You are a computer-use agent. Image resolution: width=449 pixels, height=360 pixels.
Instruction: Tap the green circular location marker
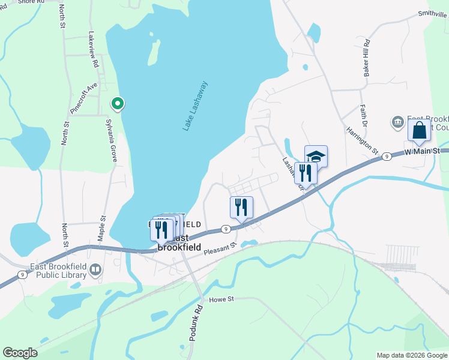(x=118, y=104)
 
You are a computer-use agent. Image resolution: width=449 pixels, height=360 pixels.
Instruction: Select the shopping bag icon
(x=419, y=130)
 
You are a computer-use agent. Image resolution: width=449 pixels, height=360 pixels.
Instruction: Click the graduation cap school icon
(x=316, y=157)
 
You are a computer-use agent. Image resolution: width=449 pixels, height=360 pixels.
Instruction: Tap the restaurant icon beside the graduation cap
(x=306, y=173)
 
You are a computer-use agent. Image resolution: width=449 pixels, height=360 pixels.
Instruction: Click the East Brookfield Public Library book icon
(x=95, y=271)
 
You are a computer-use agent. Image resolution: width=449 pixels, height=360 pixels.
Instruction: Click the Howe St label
(x=219, y=299)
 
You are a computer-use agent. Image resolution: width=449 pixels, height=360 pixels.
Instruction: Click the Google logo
(x=20, y=353)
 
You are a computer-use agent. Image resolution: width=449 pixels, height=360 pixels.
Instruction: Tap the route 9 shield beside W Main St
(x=387, y=156)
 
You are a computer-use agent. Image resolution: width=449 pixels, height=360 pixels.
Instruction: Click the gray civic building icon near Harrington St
(x=397, y=122)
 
